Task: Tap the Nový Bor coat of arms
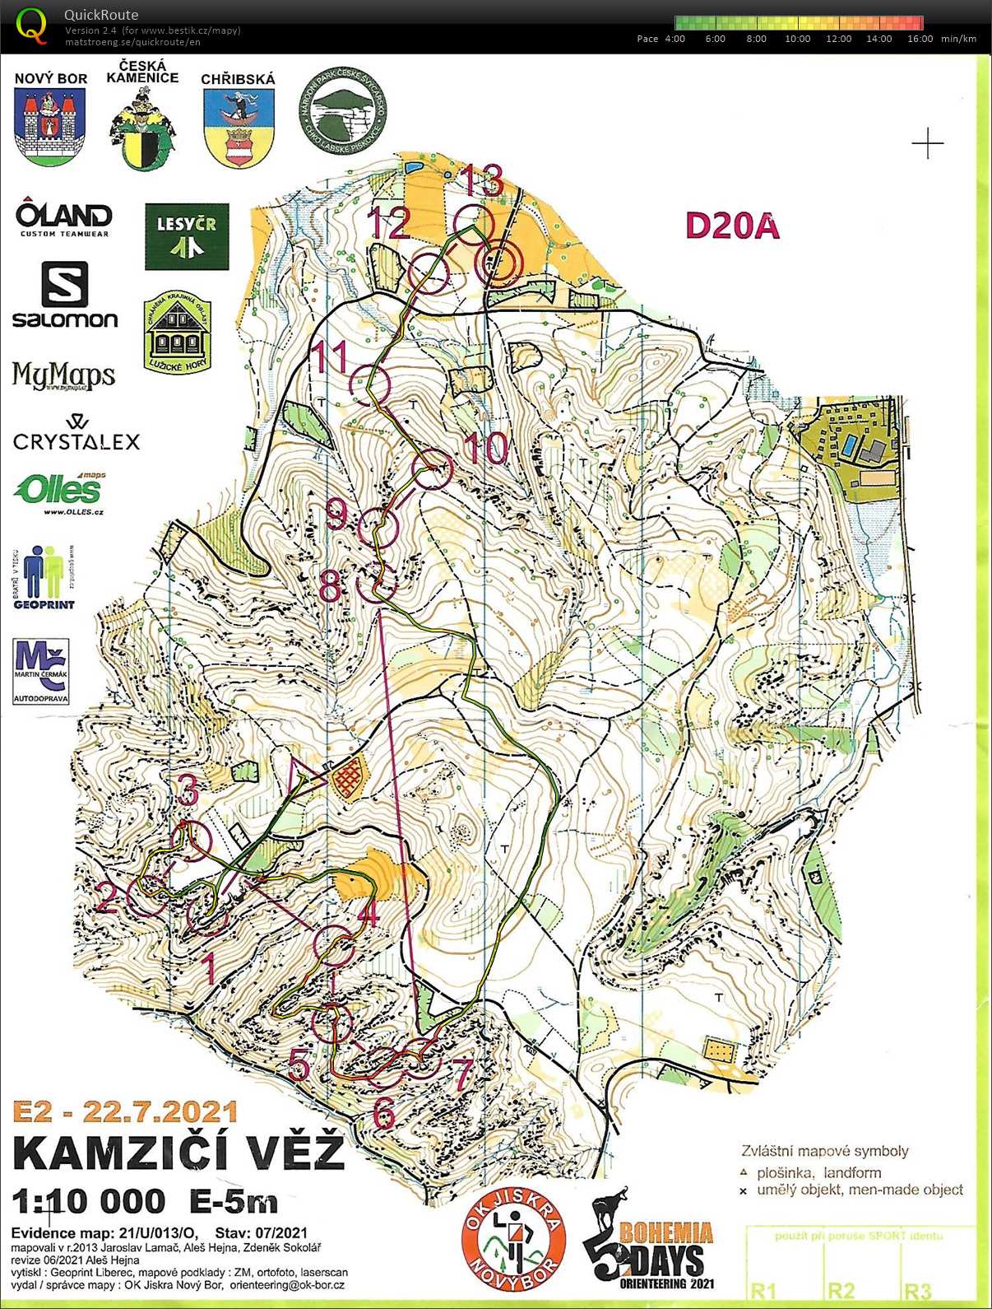pyautogui.click(x=50, y=127)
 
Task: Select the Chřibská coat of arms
pyautogui.click(x=238, y=127)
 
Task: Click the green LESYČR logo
pyautogui.click(x=187, y=237)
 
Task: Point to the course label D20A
pyautogui.click(x=731, y=226)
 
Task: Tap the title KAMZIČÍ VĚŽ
pyautogui.click(x=178, y=1152)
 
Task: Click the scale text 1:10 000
pyautogui.click(x=88, y=1201)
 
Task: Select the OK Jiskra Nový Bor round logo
pyautogui.click(x=514, y=1239)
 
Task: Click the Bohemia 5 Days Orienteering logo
pyautogui.click(x=650, y=1243)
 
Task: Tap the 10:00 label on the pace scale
pyautogui.click(x=797, y=39)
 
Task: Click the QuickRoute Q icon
pyautogui.click(x=31, y=25)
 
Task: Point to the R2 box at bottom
pyautogui.click(x=841, y=1290)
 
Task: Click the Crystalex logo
pyautogui.click(x=76, y=434)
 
